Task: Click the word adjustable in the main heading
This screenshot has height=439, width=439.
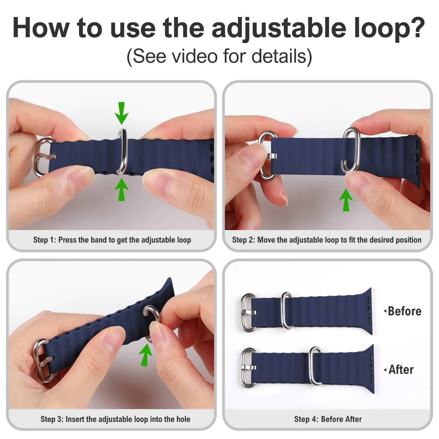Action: pyautogui.click(x=279, y=29)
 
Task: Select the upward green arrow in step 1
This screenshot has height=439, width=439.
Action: pyautogui.click(x=121, y=189)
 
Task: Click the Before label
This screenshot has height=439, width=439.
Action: pyautogui.click(x=404, y=311)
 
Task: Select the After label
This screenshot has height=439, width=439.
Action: pyautogui.click(x=401, y=370)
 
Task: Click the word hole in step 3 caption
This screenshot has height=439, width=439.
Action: pyautogui.click(x=183, y=419)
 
